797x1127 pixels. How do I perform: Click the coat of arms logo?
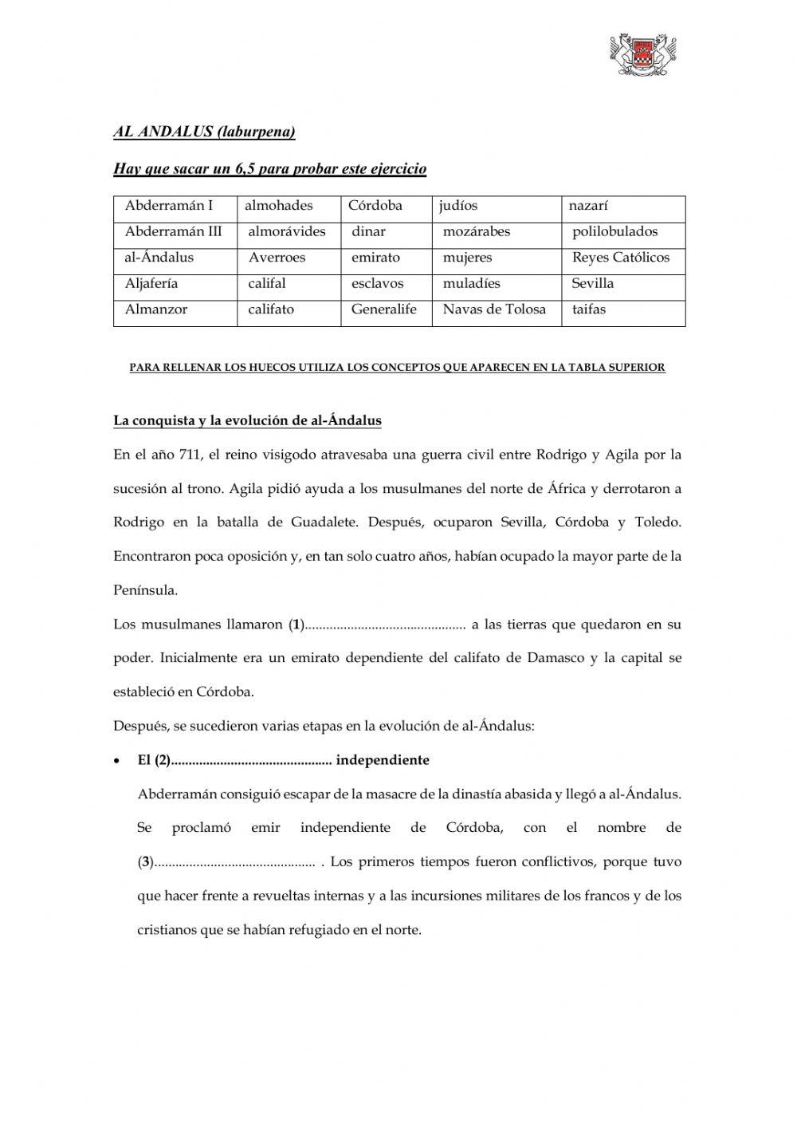(643, 55)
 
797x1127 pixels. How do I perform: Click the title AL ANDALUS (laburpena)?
(204, 132)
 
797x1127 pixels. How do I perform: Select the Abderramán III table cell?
(174, 232)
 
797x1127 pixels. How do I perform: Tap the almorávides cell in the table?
(287, 232)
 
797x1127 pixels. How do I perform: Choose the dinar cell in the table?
(368, 232)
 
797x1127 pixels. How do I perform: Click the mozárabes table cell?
(477, 232)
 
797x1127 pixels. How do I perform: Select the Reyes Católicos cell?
(621, 258)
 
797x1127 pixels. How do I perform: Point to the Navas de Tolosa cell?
(494, 309)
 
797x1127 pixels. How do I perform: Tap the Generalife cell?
(384, 309)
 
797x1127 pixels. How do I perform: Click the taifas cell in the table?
(589, 309)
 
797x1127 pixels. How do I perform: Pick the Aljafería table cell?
(151, 284)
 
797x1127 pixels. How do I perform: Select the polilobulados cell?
(615, 232)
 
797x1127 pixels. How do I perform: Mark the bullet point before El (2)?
(117, 761)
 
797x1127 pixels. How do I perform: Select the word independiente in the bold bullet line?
(383, 760)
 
